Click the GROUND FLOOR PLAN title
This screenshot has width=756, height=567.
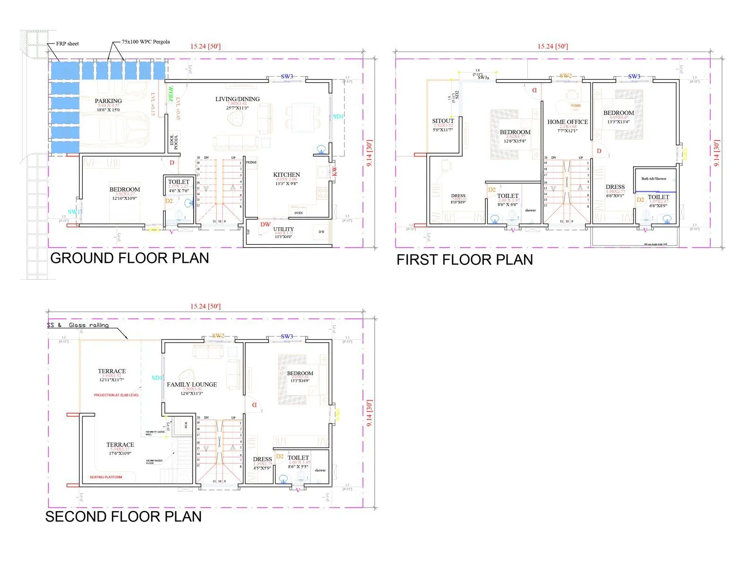click(x=129, y=258)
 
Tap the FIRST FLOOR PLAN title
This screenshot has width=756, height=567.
click(x=464, y=260)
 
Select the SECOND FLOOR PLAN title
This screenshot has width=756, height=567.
click(x=123, y=516)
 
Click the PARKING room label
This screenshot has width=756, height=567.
click(x=108, y=101)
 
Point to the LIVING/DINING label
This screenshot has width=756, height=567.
click(x=237, y=99)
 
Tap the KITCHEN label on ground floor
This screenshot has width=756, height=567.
click(x=286, y=174)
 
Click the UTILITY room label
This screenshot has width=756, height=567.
click(x=283, y=229)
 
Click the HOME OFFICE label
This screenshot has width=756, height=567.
click(x=567, y=121)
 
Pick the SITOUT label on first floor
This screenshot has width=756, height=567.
click(x=443, y=121)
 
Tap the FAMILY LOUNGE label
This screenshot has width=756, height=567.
click(x=192, y=384)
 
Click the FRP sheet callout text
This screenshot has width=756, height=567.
click(x=67, y=43)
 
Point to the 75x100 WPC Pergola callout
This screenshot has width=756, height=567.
click(x=146, y=42)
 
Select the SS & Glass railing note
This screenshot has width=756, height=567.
click(x=78, y=325)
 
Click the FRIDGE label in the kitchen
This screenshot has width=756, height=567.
click(x=251, y=163)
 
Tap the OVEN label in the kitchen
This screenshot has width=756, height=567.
click(x=299, y=213)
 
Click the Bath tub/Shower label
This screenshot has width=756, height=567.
click(x=654, y=179)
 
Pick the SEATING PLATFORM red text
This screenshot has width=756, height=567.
click(x=106, y=477)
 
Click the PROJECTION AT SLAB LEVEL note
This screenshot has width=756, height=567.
click(x=116, y=395)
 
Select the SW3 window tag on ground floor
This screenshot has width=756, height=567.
click(x=287, y=76)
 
